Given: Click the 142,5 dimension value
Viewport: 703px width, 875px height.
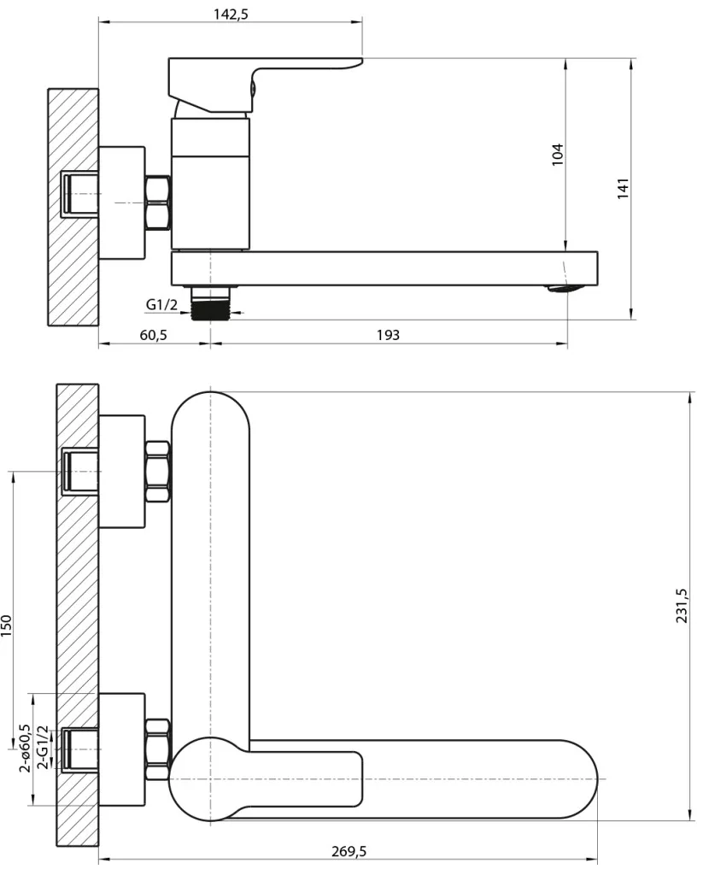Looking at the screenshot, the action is click(231, 14).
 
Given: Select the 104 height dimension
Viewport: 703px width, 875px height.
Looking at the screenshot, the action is click(558, 155).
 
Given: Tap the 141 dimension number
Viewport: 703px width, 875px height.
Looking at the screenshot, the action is click(623, 189).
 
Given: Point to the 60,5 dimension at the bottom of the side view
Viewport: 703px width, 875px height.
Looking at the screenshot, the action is click(154, 335).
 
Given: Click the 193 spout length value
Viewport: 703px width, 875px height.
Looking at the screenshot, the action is click(388, 335).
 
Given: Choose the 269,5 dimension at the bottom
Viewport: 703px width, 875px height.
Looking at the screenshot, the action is click(349, 852).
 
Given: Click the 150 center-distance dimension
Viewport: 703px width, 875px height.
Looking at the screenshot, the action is click(6, 626).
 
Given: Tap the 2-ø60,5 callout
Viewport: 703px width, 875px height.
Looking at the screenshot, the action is click(25, 748).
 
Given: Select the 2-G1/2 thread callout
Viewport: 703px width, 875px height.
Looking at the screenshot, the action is click(43, 748).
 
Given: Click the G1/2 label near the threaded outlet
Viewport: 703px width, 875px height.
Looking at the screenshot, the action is click(161, 304).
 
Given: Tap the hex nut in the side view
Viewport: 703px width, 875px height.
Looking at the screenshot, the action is click(158, 202).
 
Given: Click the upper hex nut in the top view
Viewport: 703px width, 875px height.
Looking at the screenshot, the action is click(158, 472).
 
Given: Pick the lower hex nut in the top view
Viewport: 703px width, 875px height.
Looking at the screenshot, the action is click(158, 749).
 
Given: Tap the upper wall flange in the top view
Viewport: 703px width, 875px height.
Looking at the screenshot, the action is click(121, 472).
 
